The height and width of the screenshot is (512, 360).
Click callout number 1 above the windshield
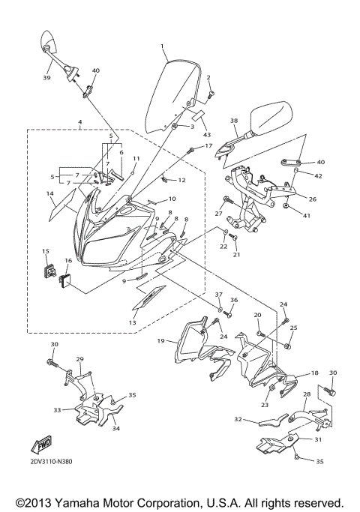tap(162, 46)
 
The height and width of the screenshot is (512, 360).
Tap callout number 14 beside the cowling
tap(49, 193)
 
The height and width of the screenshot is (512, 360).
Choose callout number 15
tap(45, 251)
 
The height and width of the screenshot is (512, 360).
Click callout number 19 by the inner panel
tap(160, 341)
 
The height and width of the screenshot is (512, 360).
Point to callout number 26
tap(313, 199)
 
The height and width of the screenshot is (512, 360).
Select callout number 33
tap(57, 410)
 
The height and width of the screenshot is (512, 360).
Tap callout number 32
tap(238, 420)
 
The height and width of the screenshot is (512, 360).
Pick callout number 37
tap(219, 295)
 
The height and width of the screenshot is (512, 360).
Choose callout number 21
tap(238, 255)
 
